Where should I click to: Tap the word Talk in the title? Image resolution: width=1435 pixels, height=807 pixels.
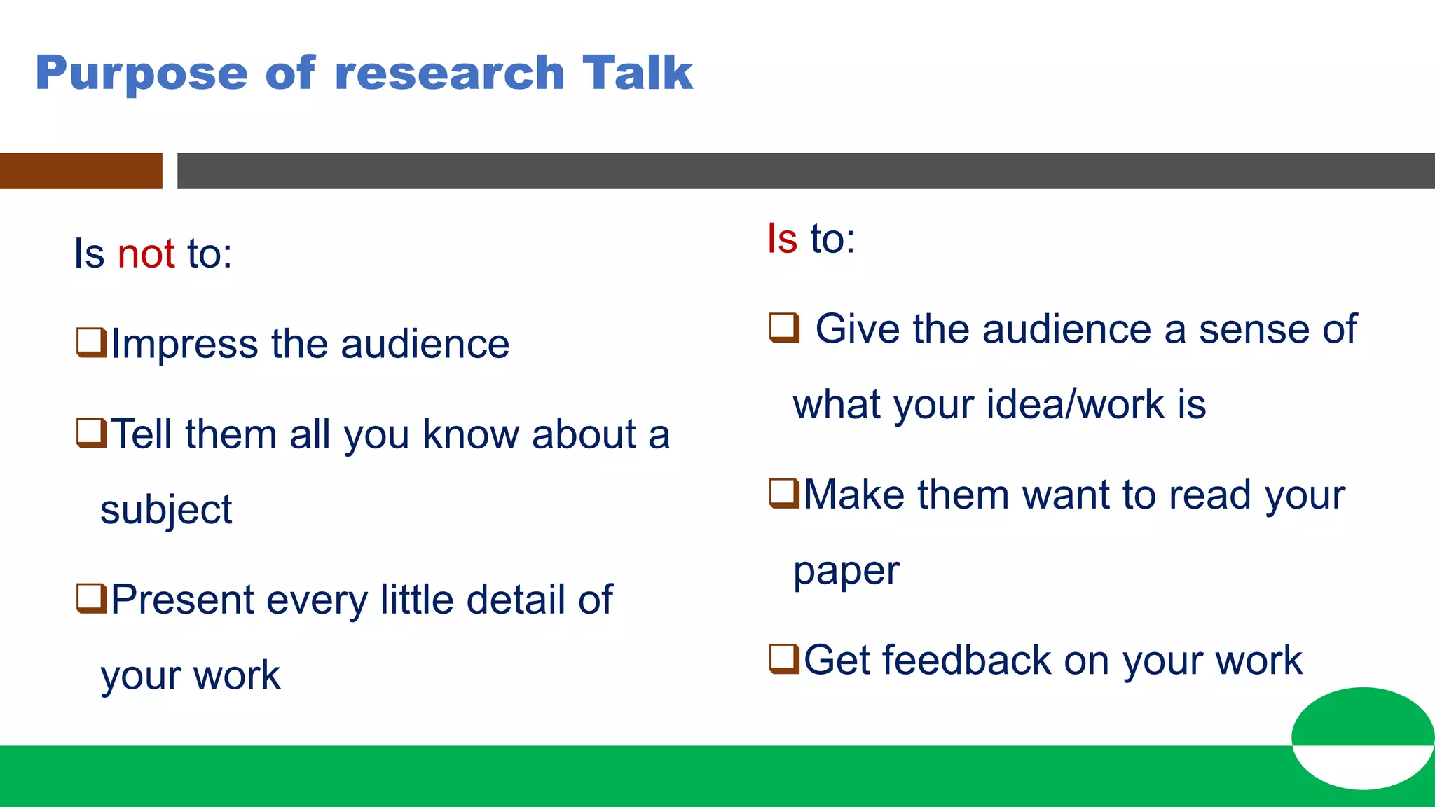coord(637,73)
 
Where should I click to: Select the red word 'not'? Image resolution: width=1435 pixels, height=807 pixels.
coord(146,254)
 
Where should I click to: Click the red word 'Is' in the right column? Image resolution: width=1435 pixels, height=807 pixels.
coord(782,239)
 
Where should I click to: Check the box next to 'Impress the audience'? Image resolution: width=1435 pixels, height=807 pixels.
coord(91,343)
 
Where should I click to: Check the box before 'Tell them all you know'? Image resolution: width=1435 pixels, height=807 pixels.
coord(91,433)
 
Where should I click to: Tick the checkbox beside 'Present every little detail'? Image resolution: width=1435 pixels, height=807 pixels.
coord(91,599)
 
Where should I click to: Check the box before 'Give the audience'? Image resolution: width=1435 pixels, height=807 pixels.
coord(783,327)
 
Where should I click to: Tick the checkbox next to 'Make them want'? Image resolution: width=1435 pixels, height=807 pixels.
coord(783,493)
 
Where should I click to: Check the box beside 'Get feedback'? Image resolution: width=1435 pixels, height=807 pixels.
coord(783,658)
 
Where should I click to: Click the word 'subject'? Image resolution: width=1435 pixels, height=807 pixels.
coord(165,510)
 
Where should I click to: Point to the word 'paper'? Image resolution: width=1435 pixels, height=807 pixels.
coord(846,572)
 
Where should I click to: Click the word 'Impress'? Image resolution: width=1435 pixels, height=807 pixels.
coord(184,345)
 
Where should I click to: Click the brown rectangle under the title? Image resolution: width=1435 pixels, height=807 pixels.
coord(81,171)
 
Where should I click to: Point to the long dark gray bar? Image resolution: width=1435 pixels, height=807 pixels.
coord(806,171)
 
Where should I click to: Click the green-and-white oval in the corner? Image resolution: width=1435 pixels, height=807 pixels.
coord(1363,738)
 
